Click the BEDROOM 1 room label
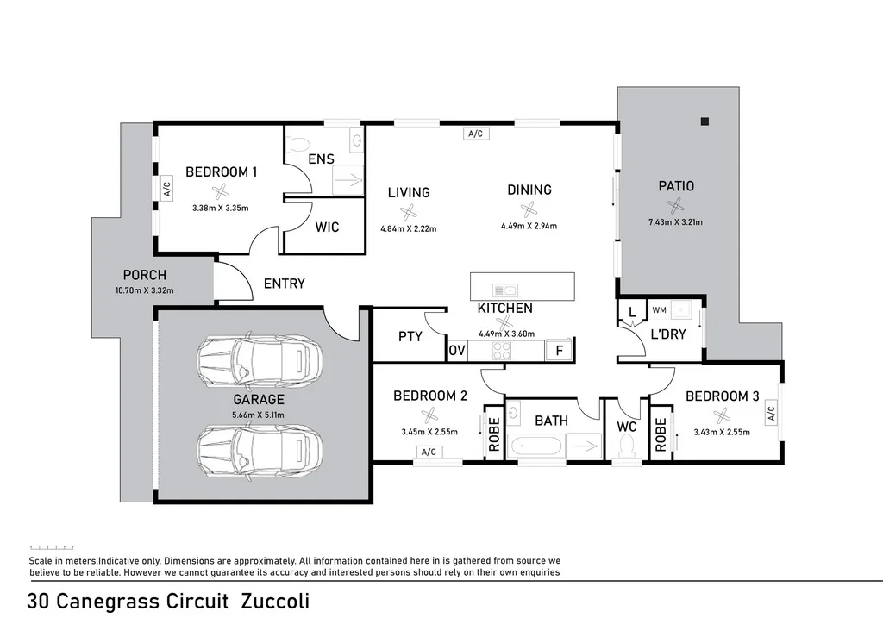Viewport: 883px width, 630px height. point(221,172)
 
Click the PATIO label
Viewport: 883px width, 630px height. point(676,186)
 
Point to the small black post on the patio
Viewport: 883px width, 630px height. point(705,122)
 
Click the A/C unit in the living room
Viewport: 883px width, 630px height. point(473,134)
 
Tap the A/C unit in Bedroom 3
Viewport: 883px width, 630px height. point(771,414)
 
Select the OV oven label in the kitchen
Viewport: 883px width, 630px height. point(456,351)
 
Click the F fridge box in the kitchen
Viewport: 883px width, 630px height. point(559,350)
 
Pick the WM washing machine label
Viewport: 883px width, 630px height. point(660,309)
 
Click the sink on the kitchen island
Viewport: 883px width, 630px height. point(504,290)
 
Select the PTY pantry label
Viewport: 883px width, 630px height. point(410,336)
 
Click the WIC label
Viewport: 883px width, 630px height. point(327,228)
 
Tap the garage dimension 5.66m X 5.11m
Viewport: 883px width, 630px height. point(258,415)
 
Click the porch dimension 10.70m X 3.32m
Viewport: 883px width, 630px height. point(144,290)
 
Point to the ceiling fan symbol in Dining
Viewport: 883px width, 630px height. point(529,209)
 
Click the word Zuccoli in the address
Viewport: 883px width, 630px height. point(275,601)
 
